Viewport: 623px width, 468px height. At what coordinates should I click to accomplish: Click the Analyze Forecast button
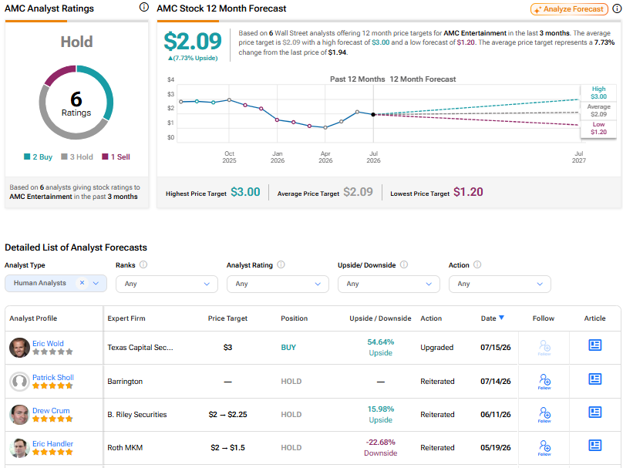[x=569, y=9]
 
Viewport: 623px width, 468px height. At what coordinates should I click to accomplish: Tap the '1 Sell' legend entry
[x=116, y=157]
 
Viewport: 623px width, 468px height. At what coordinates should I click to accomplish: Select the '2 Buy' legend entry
[x=38, y=157]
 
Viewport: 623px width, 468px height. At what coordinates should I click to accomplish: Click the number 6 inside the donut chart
[x=76, y=99]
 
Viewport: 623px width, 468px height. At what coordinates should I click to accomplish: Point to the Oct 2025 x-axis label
[x=229, y=157]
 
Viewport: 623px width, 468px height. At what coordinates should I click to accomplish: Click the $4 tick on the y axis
[x=171, y=79]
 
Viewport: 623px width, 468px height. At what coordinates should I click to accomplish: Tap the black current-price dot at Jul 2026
[x=373, y=114]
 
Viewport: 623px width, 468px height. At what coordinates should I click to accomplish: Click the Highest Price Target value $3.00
[x=245, y=192]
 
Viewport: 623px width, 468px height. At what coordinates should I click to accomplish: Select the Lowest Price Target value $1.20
[x=468, y=192]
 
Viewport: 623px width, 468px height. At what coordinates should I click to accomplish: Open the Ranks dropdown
[x=167, y=284]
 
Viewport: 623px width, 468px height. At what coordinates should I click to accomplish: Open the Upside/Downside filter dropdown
[x=389, y=284]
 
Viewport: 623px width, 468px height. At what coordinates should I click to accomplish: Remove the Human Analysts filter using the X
[x=82, y=283]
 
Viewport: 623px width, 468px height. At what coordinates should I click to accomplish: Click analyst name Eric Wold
[x=48, y=343]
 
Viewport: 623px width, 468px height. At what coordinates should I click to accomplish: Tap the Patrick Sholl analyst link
[x=53, y=378]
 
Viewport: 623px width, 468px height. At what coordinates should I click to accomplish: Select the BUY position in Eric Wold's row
[x=288, y=347]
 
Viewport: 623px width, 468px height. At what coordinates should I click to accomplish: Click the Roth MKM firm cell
[x=125, y=447]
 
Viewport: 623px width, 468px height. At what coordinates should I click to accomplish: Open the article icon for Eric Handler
[x=594, y=446]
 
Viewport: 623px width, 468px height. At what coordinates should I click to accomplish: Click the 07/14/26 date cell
[x=496, y=381]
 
